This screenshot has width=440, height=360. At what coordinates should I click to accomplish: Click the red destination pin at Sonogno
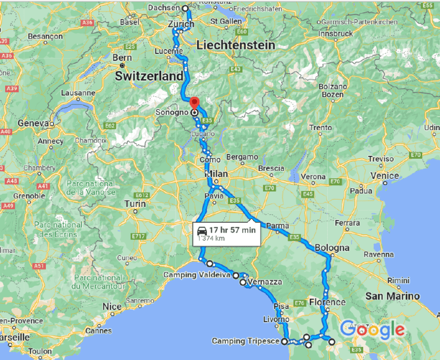coord(194,103)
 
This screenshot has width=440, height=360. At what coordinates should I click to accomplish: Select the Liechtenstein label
coord(235,45)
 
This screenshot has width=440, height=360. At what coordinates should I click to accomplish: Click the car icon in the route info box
coord(202,230)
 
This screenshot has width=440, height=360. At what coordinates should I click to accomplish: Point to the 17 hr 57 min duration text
coord(232,230)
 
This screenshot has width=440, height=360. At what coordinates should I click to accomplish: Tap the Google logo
coord(372,330)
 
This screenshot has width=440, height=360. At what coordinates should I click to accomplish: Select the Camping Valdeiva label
coord(197,275)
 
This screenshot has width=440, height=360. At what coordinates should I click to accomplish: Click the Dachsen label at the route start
coord(164,8)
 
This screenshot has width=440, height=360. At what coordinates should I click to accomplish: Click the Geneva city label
coord(32,123)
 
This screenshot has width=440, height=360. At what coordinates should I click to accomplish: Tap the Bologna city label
coord(332,248)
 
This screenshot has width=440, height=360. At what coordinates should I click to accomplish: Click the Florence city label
coord(327,302)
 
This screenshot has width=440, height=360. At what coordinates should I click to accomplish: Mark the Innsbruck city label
coord(336,34)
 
